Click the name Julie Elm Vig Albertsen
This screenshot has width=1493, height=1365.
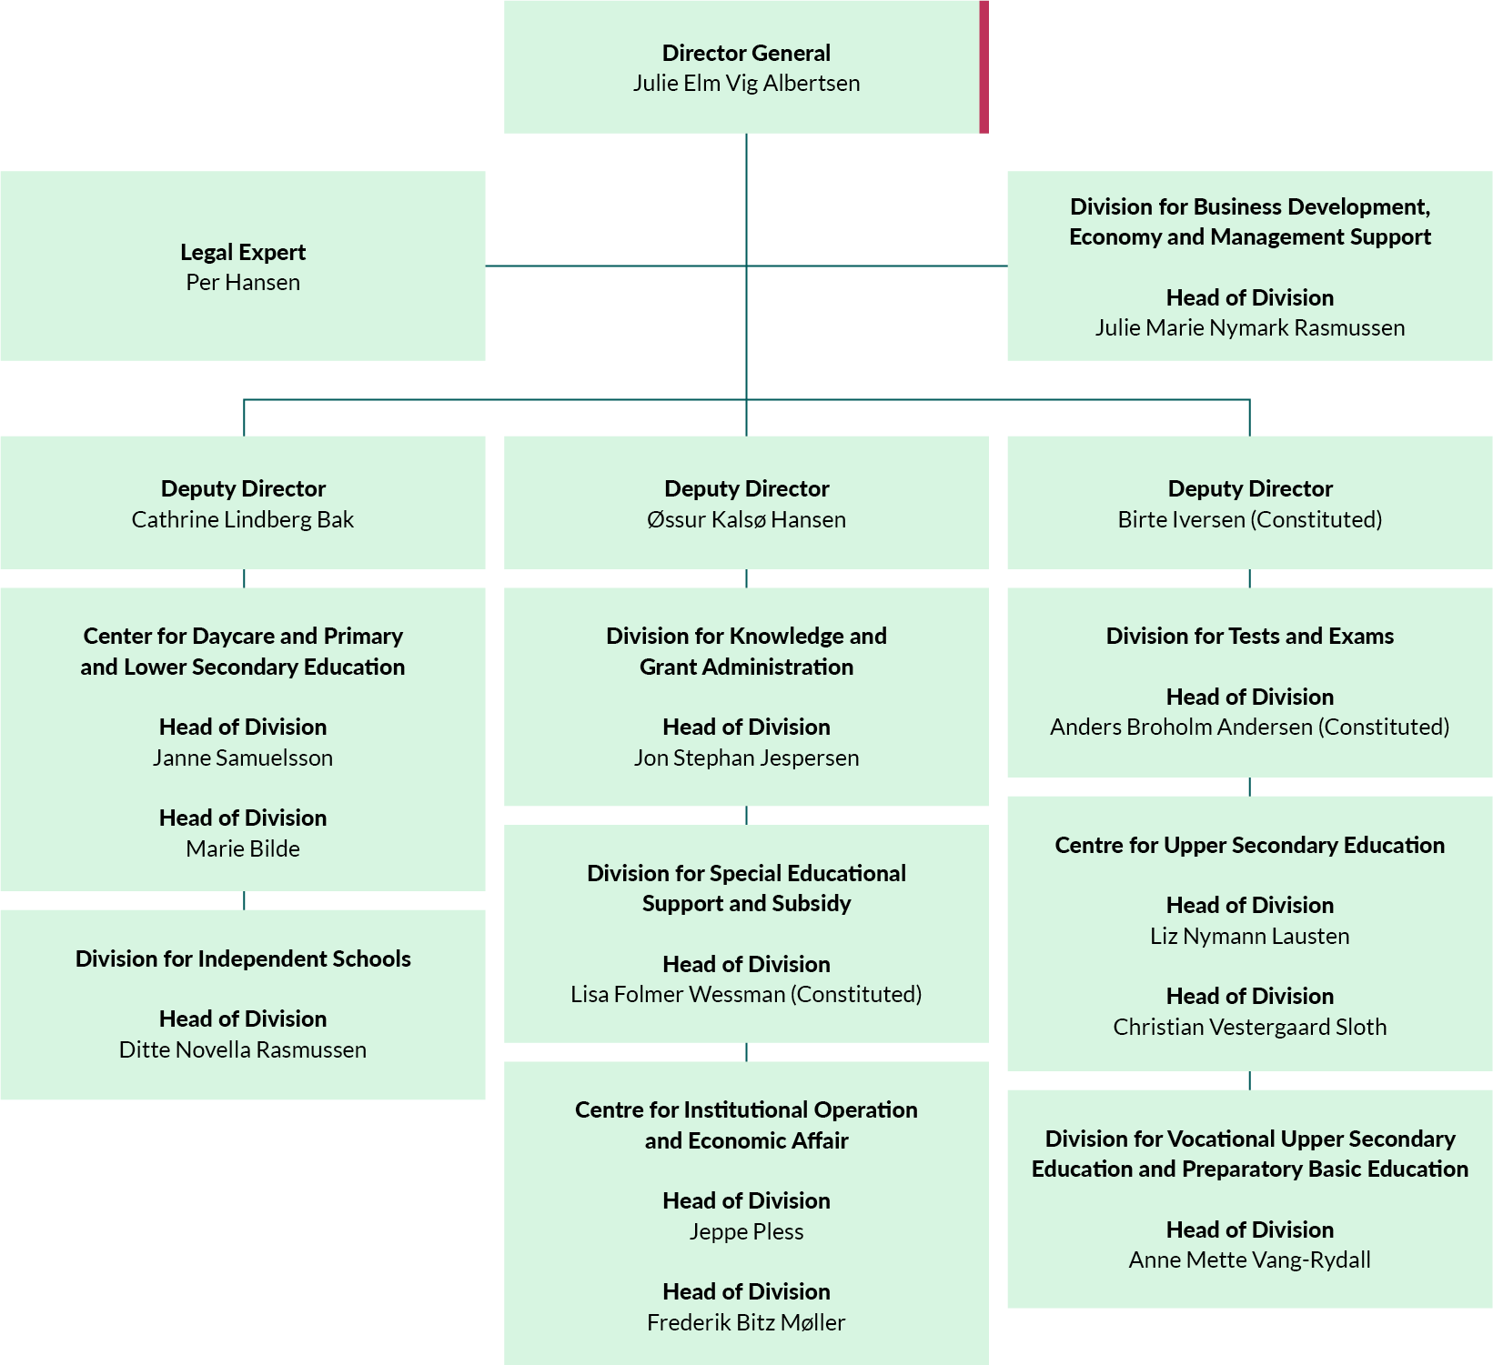[746, 84]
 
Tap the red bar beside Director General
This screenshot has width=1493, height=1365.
[984, 67]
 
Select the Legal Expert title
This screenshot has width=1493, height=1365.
[243, 252]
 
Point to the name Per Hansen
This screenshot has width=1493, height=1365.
[243, 283]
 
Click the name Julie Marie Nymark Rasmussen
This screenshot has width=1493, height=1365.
[1249, 328]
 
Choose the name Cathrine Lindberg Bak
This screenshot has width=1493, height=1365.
[243, 520]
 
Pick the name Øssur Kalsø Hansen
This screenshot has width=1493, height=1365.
[746, 520]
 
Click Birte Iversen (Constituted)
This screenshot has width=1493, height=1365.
[1249, 520]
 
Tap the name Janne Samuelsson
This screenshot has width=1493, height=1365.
[243, 758]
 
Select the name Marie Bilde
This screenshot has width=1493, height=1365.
[243, 849]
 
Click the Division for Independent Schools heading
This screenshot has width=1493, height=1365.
[243, 959]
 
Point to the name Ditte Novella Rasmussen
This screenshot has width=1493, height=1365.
[243, 1050]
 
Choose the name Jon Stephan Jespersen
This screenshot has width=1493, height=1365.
[746, 758]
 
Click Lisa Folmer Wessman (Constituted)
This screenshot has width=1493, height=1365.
[746, 995]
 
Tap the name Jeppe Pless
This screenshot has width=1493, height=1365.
[746, 1232]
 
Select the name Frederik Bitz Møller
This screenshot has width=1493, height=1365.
[746, 1323]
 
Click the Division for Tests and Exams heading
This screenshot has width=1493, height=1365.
[1249, 637]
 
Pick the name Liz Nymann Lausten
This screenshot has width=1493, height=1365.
[1249, 937]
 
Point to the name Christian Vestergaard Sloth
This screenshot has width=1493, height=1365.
[1249, 1028]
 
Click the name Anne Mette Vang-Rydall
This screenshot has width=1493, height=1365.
[1249, 1260]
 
